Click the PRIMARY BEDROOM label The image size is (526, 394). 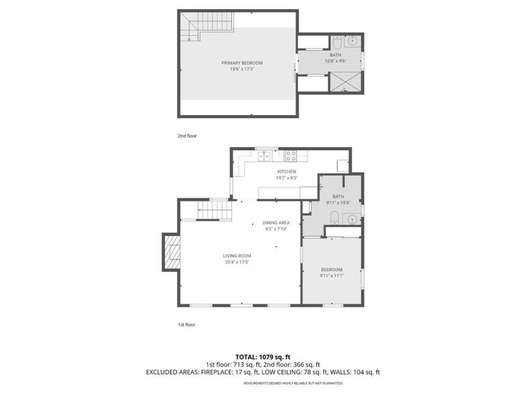[x=238, y=62]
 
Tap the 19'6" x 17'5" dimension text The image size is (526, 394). [x=238, y=68]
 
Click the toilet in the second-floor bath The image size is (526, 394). [x=336, y=42]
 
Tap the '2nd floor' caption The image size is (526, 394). [x=187, y=136]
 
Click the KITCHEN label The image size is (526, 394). [x=286, y=171]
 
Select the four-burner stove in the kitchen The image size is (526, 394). [x=292, y=156]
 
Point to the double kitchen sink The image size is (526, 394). [x=264, y=156]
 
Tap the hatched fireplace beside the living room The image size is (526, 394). [x=172, y=253]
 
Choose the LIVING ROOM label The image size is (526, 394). [x=237, y=256]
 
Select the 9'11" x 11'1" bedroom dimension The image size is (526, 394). [x=331, y=276]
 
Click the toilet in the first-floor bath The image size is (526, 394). [x=335, y=218]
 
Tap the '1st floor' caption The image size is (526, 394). [x=187, y=324]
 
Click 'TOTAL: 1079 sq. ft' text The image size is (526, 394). [x=263, y=357]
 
